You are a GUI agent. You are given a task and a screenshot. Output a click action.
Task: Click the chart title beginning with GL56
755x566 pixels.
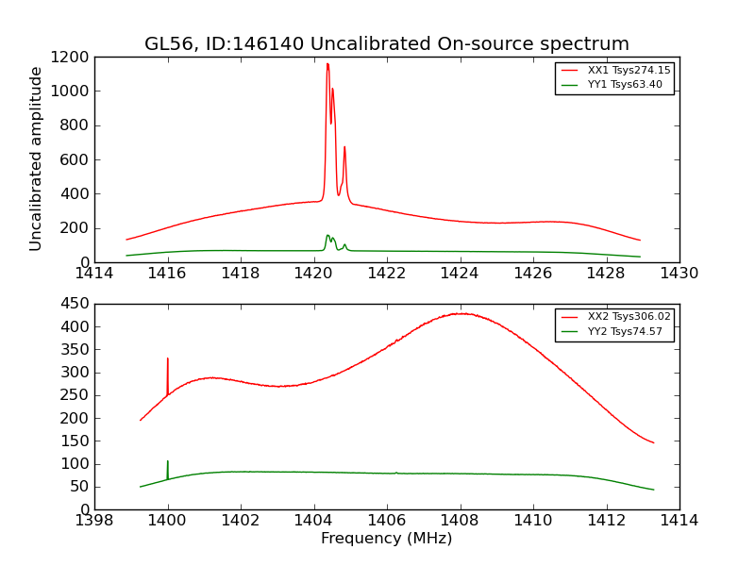coord(386,44)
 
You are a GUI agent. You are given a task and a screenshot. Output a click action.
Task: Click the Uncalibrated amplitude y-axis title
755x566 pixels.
coord(37,158)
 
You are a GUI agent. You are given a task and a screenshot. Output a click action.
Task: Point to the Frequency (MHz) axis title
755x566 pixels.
coord(386,539)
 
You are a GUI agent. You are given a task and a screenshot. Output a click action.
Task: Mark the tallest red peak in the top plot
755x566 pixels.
coord(327,64)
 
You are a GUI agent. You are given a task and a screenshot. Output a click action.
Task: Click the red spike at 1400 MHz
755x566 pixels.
coord(168,359)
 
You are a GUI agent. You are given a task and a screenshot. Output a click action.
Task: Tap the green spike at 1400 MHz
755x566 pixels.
coord(168,462)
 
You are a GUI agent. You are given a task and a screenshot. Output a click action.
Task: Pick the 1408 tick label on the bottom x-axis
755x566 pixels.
coord(460,520)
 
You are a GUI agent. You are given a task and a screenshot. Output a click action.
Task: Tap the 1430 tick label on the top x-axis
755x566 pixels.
coord(679,273)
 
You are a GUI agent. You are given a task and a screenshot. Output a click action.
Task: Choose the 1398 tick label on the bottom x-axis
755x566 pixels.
coord(94,520)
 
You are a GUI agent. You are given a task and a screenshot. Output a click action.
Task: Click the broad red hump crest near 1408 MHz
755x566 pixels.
coord(461,313)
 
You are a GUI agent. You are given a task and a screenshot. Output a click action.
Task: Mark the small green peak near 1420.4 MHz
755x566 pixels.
coord(327,236)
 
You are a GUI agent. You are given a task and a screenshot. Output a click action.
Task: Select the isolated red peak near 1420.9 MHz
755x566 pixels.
coord(344,147)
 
